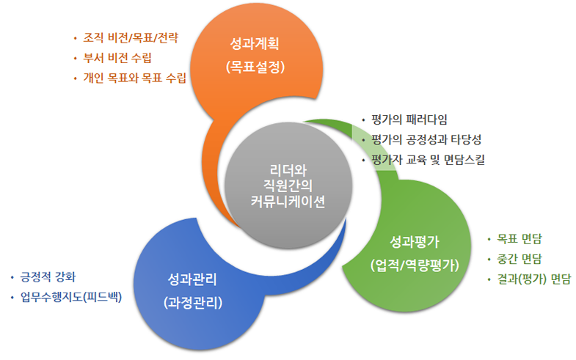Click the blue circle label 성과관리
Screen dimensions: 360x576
[192, 279]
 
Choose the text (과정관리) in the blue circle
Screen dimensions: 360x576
[192, 302]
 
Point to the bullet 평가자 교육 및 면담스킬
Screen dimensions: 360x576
[428, 159]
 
